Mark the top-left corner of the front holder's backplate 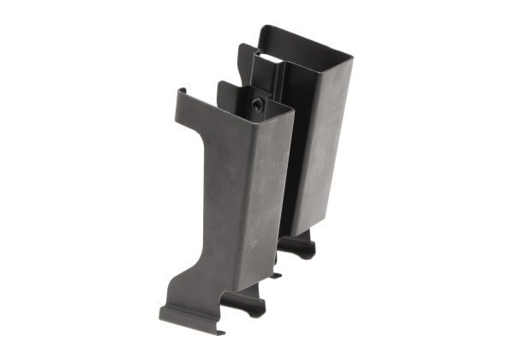click(x=220, y=83)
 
